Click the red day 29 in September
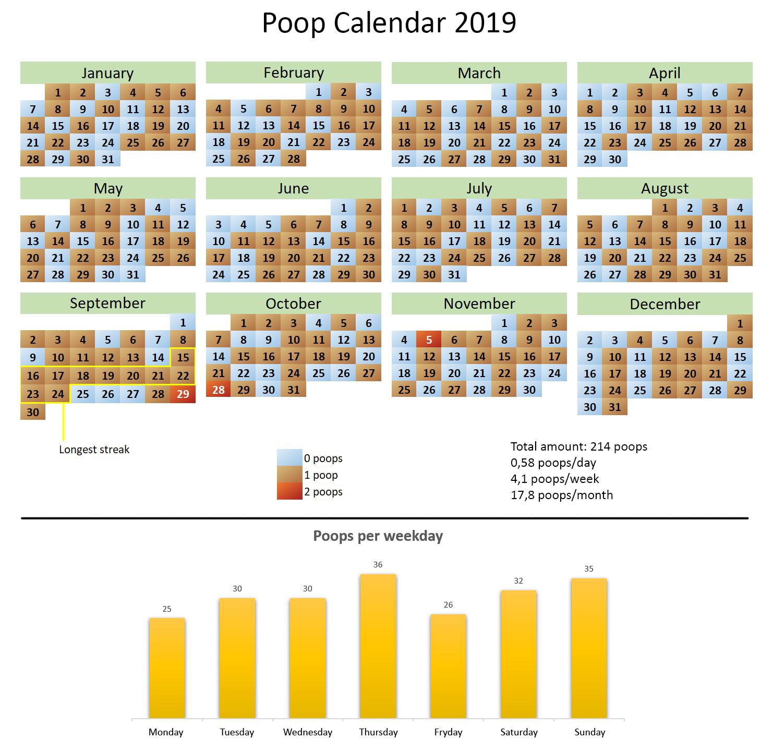[x=183, y=394]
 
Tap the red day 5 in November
[x=429, y=340]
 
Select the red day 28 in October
[x=218, y=390]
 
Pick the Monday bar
[x=166, y=668]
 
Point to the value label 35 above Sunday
[x=589, y=569]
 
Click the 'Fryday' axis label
[x=448, y=732]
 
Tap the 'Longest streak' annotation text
[x=94, y=450]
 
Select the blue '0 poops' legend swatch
[x=289, y=458]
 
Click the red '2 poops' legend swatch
[x=289, y=491]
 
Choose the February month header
[x=293, y=73]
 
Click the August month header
[x=665, y=188]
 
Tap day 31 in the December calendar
[x=614, y=407]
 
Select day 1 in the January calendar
[x=58, y=93]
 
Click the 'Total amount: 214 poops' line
[x=578, y=446]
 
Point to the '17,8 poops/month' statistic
[x=561, y=495]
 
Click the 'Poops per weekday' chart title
[x=378, y=536]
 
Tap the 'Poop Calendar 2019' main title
[x=389, y=23]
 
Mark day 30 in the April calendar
[x=614, y=159]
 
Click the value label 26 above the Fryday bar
[x=448, y=605]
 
